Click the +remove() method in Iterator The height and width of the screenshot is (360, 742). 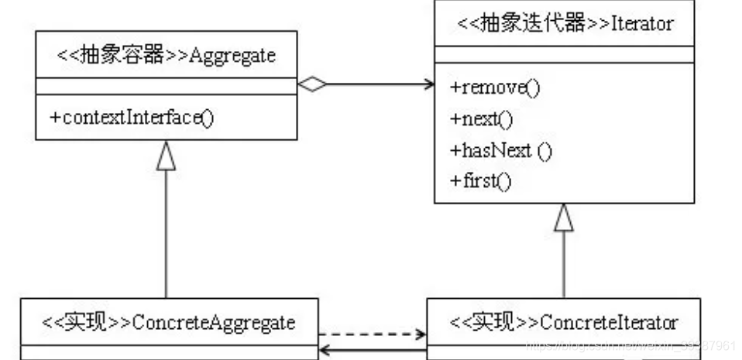pos(494,87)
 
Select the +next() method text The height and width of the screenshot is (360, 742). pos(480,118)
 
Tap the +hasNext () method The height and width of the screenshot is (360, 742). pos(500,150)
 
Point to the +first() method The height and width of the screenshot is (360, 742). pos(480,181)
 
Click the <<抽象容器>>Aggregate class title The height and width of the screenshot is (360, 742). pos(167,56)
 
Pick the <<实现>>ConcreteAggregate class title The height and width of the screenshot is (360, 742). pos(168,321)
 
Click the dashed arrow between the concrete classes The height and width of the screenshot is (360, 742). pos(372,335)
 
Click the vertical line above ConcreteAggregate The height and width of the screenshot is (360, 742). pos(167,232)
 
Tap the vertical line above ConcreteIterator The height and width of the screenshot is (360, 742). pos(564,267)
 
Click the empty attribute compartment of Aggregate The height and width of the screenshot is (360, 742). pos(167,87)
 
